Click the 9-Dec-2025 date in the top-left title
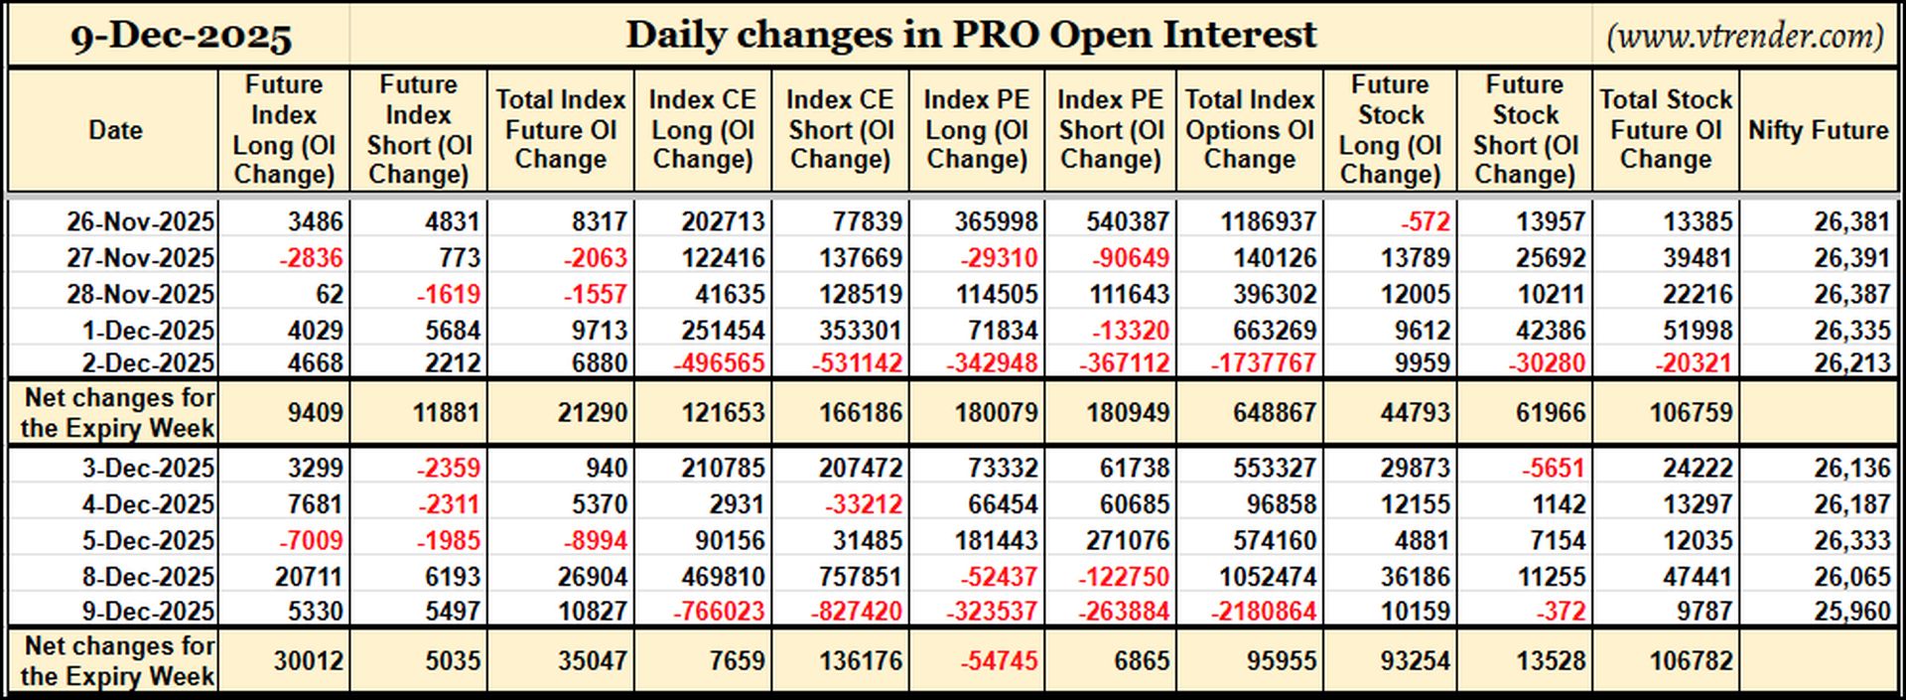click(181, 37)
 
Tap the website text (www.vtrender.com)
click(1744, 37)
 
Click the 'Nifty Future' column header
click(1818, 130)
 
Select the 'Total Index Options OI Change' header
click(1250, 130)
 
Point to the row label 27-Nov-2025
click(140, 258)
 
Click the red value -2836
click(312, 258)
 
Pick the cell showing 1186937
click(1268, 221)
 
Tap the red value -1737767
click(1264, 363)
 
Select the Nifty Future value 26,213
click(1852, 363)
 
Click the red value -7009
click(312, 541)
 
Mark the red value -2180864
click(1264, 612)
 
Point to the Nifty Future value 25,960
click(1852, 612)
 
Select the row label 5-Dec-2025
click(148, 541)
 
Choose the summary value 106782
click(1692, 661)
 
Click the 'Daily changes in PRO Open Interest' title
click(971, 36)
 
